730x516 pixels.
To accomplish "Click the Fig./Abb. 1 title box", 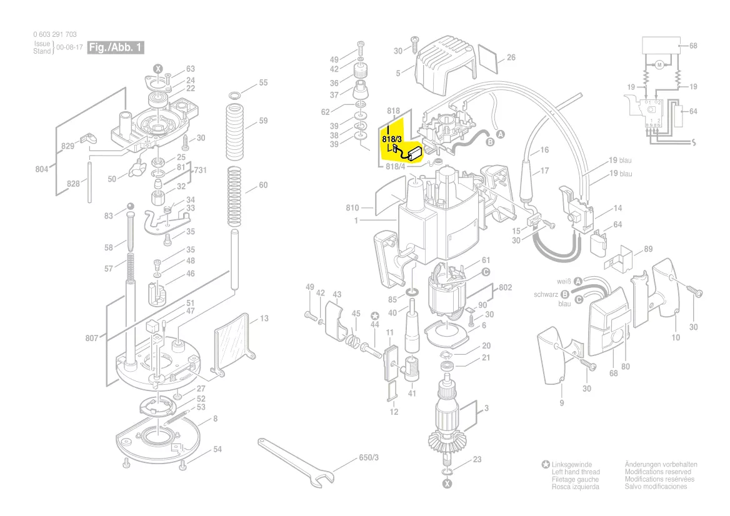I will tap(116, 47).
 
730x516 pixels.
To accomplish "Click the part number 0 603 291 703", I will tap(55, 35).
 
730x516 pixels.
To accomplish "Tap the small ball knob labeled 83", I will tap(130, 207).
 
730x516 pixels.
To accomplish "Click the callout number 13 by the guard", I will tap(264, 319).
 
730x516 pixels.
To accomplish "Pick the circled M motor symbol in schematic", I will tap(659, 65).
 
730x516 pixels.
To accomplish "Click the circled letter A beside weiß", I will tap(578, 282).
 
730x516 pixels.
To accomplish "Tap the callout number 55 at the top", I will tap(263, 82).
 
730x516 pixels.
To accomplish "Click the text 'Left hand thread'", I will tap(576, 472).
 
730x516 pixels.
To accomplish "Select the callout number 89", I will tap(648, 249).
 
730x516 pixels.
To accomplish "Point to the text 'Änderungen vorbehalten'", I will tap(661, 465).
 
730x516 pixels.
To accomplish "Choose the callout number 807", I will tap(91, 338).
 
